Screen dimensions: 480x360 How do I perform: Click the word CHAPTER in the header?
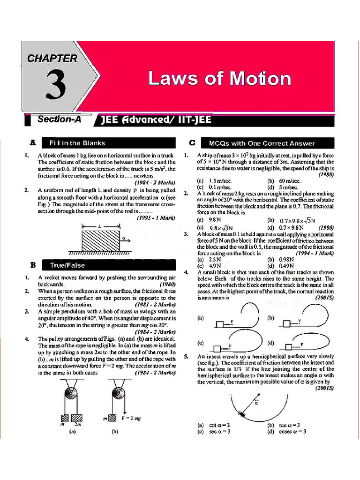tap(52, 59)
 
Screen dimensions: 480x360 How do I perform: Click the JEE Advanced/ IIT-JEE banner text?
tap(157, 121)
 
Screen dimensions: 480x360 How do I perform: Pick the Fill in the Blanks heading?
tap(78, 143)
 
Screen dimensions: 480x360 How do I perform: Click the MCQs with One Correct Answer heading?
tap(262, 143)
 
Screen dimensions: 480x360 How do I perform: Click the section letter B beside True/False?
tap(33, 265)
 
